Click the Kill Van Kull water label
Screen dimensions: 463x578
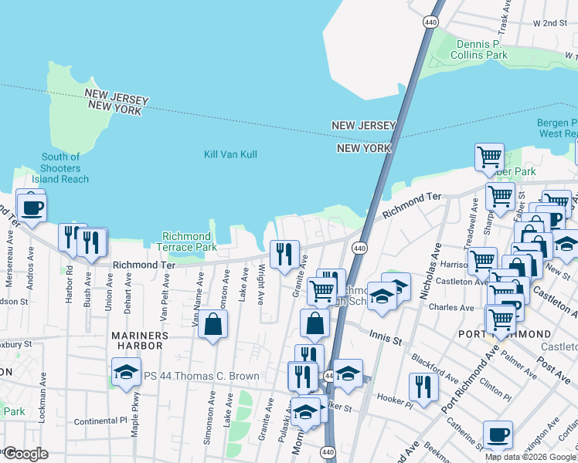(230, 154)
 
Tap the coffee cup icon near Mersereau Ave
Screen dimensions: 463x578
(32, 208)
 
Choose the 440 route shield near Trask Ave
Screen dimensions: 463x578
(430, 22)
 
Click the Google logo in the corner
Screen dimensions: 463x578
(25, 454)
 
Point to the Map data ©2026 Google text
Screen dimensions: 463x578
(530, 457)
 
